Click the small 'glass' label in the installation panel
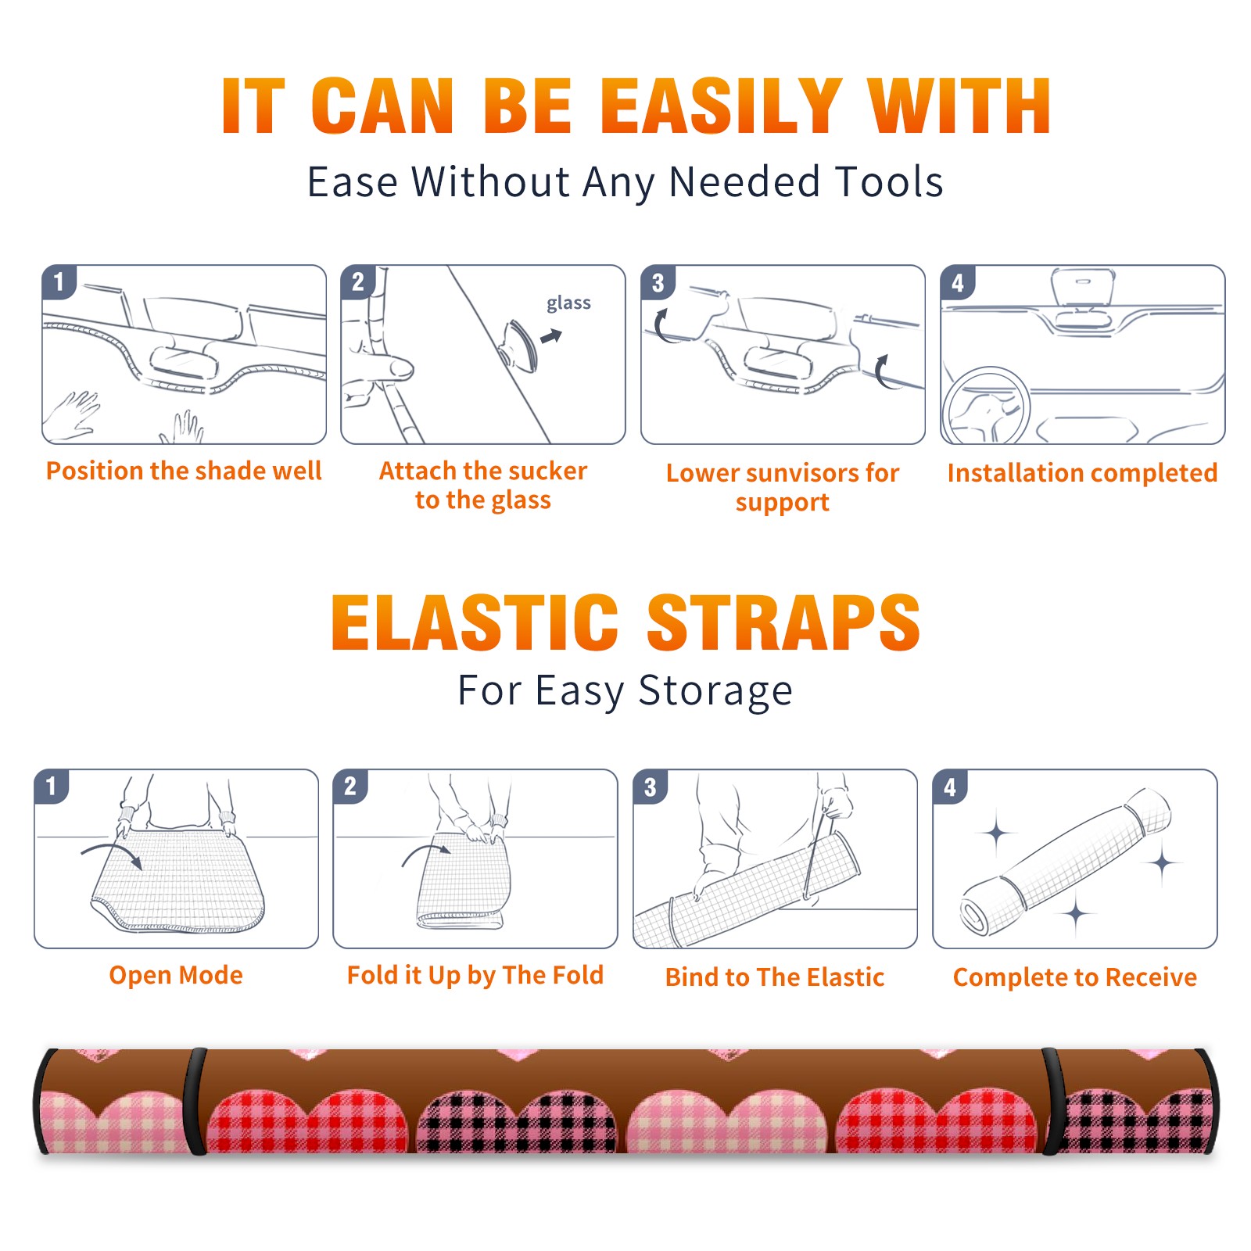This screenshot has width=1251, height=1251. (x=568, y=303)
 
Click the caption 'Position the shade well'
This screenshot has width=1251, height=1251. (x=184, y=471)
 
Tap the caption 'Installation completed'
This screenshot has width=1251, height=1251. (x=1082, y=473)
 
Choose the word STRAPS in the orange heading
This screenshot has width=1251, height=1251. (x=783, y=622)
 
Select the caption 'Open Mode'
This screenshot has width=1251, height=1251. (x=176, y=975)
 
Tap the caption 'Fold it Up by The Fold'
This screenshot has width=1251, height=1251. (x=475, y=975)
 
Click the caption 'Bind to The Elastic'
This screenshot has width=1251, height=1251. (x=775, y=977)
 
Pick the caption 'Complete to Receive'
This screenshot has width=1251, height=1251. (x=1075, y=977)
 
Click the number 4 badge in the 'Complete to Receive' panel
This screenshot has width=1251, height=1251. (x=950, y=787)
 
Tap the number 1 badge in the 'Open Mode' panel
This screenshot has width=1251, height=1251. (x=52, y=786)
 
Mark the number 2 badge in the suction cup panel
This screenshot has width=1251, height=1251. (x=358, y=281)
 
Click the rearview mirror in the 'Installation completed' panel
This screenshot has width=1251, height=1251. (x=1084, y=289)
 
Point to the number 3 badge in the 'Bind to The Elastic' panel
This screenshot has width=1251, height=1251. (x=651, y=787)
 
